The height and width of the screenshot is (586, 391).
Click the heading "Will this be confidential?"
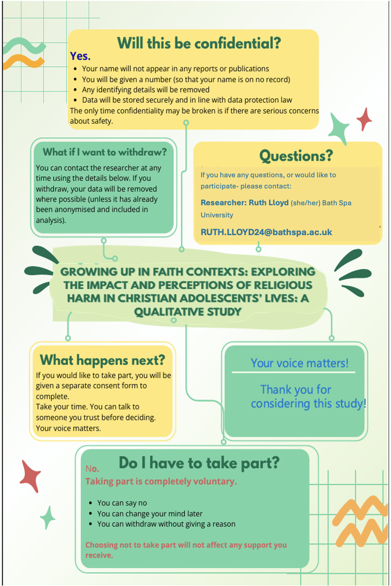(199, 43)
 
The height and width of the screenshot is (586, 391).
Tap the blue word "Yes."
(80, 56)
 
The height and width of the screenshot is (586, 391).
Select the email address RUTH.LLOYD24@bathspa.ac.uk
(266, 232)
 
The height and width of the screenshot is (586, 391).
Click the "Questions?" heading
(296, 156)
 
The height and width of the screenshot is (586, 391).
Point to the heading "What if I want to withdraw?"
(105, 152)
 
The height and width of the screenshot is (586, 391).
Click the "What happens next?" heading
(103, 360)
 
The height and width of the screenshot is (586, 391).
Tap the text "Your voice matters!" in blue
(300, 363)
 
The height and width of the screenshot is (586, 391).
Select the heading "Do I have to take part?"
(199, 463)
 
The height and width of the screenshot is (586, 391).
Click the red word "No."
(92, 469)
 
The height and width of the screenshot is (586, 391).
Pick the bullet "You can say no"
(122, 503)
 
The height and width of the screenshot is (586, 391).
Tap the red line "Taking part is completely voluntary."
(161, 481)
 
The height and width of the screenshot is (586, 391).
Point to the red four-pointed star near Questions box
(364, 119)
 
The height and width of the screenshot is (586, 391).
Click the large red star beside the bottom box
(31, 476)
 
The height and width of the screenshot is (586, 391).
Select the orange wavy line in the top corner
(23, 62)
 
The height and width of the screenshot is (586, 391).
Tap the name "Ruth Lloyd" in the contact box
(269, 203)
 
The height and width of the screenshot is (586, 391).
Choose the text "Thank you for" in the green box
(296, 390)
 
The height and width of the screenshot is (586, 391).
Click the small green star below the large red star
(48, 517)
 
